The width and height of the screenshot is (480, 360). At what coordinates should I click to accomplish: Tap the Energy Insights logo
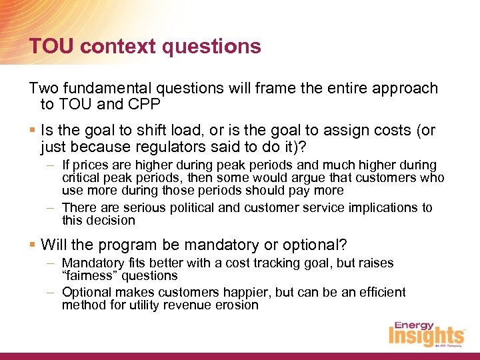(426, 333)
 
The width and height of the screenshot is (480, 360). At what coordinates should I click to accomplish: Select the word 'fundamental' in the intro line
(110, 88)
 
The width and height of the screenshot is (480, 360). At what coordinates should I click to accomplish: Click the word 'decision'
(109, 220)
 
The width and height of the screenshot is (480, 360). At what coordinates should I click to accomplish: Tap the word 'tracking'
(285, 263)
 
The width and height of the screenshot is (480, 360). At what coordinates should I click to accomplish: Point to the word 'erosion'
(237, 305)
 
